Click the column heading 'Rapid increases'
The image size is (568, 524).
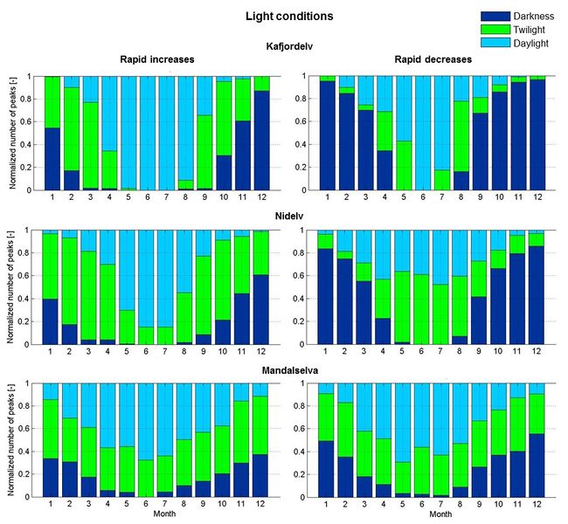coord(156,59)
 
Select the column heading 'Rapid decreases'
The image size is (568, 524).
coord(432,59)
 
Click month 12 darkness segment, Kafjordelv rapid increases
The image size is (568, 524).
coord(262,140)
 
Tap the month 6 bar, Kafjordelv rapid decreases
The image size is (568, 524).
coord(425,131)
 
